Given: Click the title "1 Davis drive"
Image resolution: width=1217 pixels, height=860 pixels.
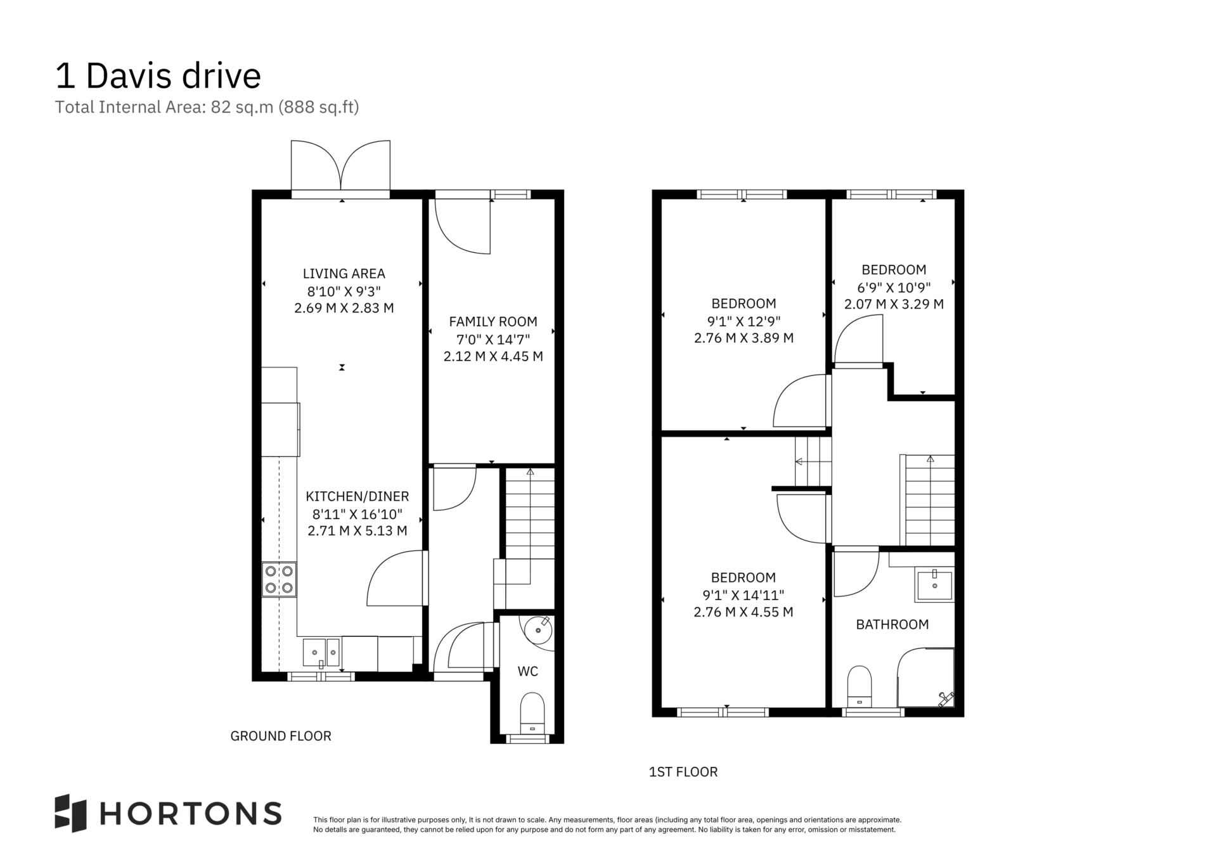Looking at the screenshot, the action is (158, 75).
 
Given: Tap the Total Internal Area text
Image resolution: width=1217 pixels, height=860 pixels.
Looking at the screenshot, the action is (207, 107).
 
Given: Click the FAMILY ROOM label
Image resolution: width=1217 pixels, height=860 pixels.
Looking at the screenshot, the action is (493, 321).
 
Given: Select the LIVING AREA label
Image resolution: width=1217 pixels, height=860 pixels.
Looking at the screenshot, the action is (344, 274).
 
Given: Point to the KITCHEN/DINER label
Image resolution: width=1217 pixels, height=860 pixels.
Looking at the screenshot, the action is (357, 496).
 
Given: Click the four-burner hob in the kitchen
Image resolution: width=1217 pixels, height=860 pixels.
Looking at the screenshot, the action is (280, 579).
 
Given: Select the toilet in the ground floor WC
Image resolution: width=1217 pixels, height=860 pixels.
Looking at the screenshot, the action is (532, 714).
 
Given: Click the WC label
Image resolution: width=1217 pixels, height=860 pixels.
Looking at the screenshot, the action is (528, 671).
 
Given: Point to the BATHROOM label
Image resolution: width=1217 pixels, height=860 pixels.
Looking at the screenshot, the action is (892, 624).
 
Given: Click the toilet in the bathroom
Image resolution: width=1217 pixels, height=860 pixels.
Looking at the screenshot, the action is (860, 686).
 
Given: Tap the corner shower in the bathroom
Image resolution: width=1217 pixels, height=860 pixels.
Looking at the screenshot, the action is (926, 677).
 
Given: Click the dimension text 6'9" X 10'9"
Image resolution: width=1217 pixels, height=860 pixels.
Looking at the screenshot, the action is (894, 287).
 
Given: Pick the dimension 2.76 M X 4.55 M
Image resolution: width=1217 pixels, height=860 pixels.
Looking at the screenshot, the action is (744, 612).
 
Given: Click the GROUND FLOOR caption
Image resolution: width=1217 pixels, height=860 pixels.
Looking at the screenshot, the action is (281, 736).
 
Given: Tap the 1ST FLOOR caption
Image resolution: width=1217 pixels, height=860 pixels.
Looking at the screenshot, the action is (683, 772).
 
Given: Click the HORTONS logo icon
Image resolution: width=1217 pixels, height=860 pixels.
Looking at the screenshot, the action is (70, 813).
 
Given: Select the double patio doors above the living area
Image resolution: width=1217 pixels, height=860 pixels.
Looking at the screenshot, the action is (340, 166).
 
